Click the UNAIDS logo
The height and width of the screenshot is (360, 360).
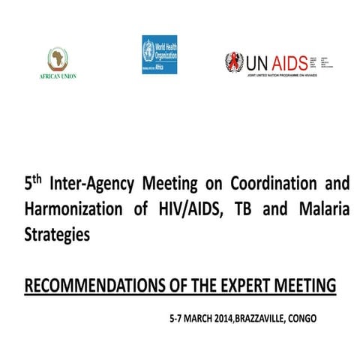point(273,62)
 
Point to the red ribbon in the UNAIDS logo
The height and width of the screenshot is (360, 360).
point(235,62)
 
